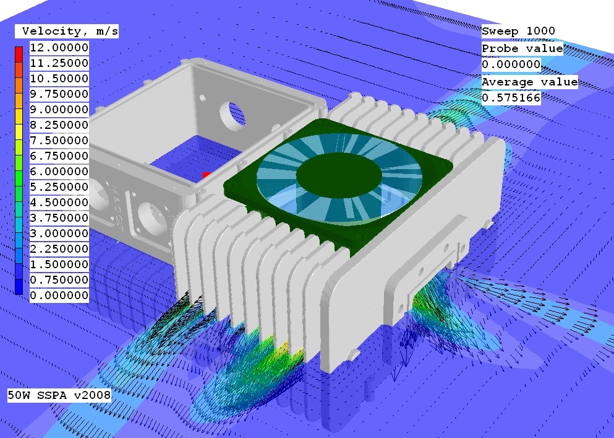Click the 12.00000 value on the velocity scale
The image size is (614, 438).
[59, 48]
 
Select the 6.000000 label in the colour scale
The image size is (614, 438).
[59, 172]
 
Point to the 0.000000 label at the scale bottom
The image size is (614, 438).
[59, 296]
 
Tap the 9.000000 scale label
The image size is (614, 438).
[59, 110]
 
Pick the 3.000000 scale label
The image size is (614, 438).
[59, 234]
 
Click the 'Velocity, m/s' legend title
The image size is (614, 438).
[67, 32]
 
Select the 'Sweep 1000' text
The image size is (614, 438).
[518, 31]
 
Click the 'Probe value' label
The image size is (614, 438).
[522, 49]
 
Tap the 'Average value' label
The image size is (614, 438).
[530, 82]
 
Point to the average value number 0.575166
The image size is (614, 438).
[511, 98]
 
